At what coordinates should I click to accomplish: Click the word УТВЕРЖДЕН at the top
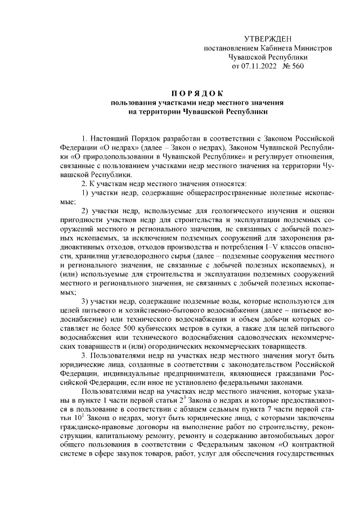point(268,38)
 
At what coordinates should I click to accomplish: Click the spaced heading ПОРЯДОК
point(197,93)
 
